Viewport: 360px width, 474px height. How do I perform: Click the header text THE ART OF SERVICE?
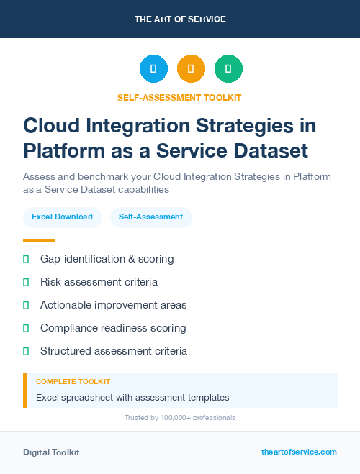(x=180, y=19)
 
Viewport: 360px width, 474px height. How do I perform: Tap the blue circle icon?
(x=153, y=69)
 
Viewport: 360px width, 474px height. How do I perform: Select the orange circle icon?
(x=191, y=69)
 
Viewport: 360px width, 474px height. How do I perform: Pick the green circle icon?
(x=228, y=69)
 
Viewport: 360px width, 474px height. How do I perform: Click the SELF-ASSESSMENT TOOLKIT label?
(x=180, y=97)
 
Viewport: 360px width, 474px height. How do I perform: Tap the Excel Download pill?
(x=62, y=217)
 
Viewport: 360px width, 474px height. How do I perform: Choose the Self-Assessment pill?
(x=150, y=217)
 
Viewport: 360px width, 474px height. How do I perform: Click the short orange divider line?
(x=39, y=240)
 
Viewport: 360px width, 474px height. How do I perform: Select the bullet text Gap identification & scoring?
(x=107, y=259)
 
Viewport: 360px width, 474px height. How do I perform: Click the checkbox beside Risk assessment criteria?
(x=26, y=282)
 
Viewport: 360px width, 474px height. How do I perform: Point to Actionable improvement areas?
(x=113, y=305)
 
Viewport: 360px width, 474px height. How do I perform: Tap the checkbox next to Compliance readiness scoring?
(x=26, y=328)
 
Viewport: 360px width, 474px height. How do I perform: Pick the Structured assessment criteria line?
(x=114, y=351)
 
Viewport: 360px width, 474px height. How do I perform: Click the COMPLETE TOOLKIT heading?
(x=73, y=381)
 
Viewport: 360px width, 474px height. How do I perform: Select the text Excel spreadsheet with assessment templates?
(x=132, y=397)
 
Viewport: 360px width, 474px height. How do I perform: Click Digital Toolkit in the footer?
(x=51, y=452)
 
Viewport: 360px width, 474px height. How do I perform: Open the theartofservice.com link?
(x=299, y=452)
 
